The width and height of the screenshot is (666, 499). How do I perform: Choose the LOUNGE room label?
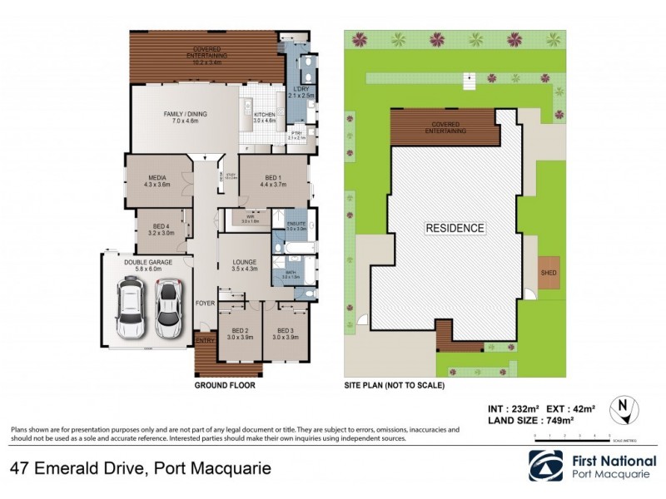pos(244,263)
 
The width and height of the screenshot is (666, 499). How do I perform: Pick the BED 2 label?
pos(240,331)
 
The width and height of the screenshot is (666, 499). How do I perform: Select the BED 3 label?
pos(286,331)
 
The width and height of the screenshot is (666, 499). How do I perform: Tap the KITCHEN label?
pos(264,114)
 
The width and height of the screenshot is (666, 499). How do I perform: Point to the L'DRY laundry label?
pos(300,89)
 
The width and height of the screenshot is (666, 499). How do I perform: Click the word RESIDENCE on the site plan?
pos(455,227)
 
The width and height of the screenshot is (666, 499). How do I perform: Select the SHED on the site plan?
pos(548,272)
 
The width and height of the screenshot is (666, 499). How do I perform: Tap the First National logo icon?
pos(545,467)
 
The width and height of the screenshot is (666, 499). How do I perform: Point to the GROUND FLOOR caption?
pos(225,386)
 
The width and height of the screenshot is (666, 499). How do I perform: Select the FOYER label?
pos(205,304)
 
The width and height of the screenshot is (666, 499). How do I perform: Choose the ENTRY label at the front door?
pos(205,339)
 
